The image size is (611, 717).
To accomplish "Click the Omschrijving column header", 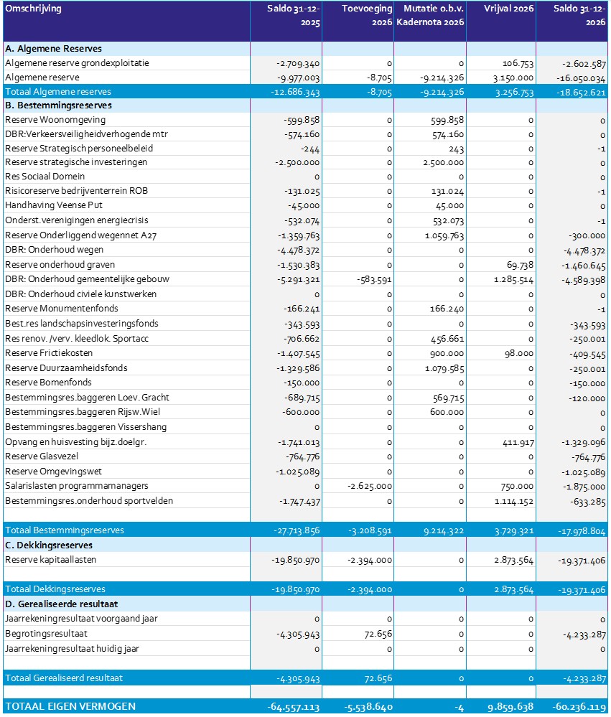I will [x=33, y=9].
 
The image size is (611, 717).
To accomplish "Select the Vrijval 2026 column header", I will [x=509, y=9].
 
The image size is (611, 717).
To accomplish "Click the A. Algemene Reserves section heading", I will [x=53, y=49].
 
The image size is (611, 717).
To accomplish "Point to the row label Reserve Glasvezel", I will [x=42, y=456].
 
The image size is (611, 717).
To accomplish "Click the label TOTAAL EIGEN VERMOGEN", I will [x=70, y=707].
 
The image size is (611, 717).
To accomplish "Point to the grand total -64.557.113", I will [x=293, y=707].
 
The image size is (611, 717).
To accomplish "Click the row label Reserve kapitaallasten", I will [x=50, y=560].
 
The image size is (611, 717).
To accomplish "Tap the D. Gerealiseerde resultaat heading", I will [x=61, y=604].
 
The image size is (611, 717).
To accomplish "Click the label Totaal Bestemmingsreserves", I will [x=64, y=530].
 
